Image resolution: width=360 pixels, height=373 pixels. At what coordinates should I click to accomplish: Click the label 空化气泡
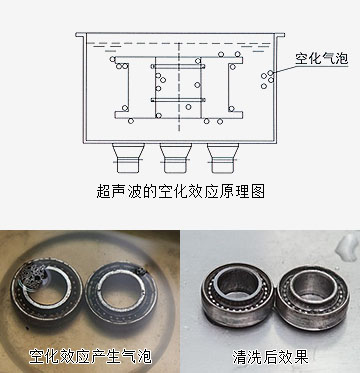tap(321, 59)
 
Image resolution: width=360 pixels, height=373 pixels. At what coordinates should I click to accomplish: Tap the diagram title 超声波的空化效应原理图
tap(180, 192)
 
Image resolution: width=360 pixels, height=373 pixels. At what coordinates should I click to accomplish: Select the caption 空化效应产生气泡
tap(90, 357)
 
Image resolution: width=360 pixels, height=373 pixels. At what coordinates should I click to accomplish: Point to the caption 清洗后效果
tap(270, 357)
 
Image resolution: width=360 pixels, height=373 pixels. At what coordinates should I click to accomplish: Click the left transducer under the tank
tap(128, 158)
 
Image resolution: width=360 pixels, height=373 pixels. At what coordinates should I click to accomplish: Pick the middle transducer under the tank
tap(175, 158)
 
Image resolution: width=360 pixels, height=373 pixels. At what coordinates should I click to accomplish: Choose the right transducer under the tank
tap(223, 158)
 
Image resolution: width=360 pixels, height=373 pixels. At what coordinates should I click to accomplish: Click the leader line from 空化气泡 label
tap(284, 68)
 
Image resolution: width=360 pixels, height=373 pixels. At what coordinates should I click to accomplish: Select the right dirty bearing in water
tap(121, 292)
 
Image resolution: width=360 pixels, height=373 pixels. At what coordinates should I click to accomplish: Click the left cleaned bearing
tap(237, 295)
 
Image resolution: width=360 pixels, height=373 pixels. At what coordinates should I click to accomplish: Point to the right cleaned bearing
tap(312, 298)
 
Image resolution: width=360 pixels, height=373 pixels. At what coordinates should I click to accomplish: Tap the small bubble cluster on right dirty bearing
tap(141, 271)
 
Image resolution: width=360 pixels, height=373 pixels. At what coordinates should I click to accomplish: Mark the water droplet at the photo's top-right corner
tap(348, 247)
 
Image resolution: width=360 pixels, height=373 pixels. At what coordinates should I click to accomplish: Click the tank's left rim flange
tap(80, 35)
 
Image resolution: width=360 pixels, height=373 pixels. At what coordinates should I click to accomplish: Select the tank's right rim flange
tap(280, 35)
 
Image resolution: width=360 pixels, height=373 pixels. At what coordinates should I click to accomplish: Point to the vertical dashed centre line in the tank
tap(179, 88)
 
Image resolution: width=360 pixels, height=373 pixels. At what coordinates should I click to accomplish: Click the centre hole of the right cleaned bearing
tap(311, 287)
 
